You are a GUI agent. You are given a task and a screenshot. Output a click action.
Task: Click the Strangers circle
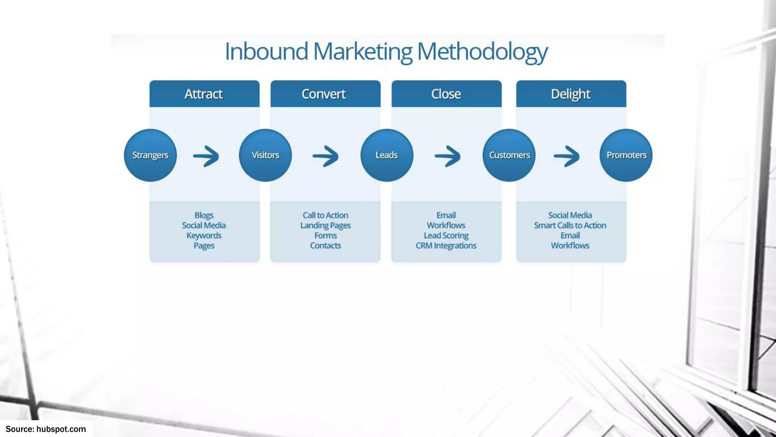150,155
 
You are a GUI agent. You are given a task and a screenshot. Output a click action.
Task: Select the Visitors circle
265,155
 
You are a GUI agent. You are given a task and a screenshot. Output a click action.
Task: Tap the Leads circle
386,155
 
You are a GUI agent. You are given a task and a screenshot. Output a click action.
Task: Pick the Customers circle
509,155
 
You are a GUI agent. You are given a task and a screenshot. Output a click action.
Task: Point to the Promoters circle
626,155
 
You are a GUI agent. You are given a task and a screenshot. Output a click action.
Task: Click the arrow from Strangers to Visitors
206,156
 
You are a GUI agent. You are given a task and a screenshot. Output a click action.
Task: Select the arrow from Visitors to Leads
325,156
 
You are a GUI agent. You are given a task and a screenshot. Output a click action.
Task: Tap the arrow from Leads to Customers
447,156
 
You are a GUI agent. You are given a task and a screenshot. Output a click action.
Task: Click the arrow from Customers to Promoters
567,156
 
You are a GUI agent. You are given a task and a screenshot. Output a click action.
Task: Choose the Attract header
204,94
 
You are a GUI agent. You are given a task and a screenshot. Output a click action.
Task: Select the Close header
446,94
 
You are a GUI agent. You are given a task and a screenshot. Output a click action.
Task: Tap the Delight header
571,94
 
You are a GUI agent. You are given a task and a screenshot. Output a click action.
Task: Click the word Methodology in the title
482,52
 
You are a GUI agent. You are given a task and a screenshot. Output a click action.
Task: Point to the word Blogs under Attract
204,215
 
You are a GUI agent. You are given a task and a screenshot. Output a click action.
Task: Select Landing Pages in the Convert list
325,225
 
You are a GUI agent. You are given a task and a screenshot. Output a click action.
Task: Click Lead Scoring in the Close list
446,236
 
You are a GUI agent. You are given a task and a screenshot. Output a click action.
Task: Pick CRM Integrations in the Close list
446,246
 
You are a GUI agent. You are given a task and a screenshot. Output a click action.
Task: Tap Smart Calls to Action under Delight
570,225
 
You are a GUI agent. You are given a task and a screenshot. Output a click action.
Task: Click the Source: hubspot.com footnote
46,429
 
